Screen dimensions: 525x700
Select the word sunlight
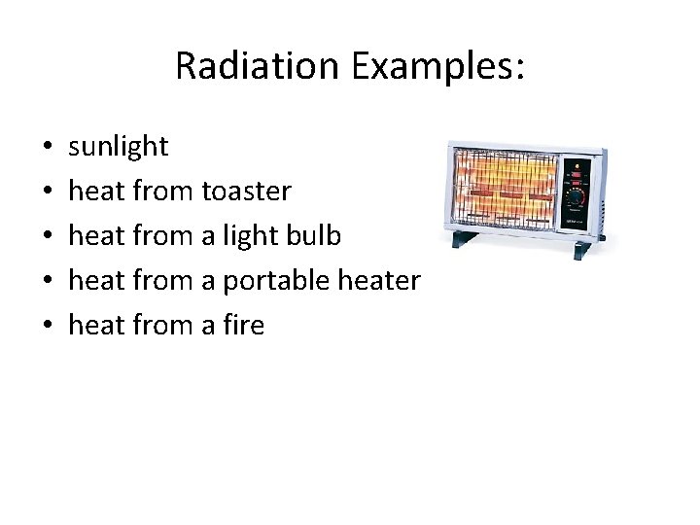pyautogui.click(x=118, y=147)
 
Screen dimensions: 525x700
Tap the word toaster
pyautogui.click(x=246, y=192)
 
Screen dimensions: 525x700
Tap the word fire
pyautogui.click(x=243, y=325)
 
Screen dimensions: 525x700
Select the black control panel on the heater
pyautogui.click(x=578, y=190)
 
